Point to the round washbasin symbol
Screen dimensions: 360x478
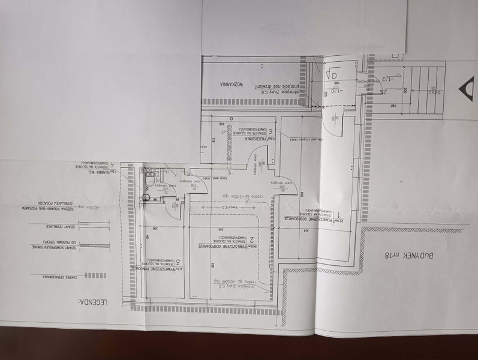(146, 196)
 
